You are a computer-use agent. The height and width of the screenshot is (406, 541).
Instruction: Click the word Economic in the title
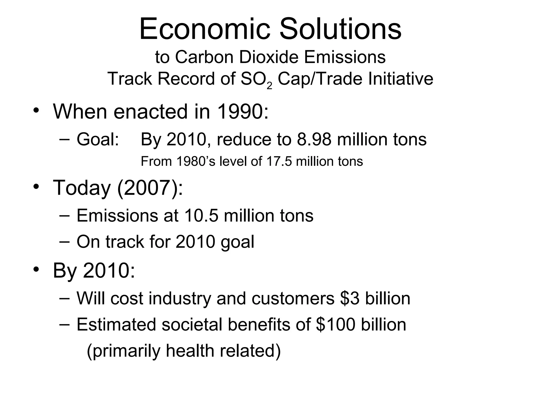coord(205,29)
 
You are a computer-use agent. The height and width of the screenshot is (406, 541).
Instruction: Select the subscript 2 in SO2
coord(269,85)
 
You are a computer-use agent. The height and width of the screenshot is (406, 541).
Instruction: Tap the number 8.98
coord(314,139)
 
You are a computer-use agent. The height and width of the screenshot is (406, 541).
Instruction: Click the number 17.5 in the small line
coord(279,162)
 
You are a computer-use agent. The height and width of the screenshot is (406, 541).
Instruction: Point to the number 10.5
coord(201,215)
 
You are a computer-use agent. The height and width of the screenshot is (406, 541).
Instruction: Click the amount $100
coord(335,325)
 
